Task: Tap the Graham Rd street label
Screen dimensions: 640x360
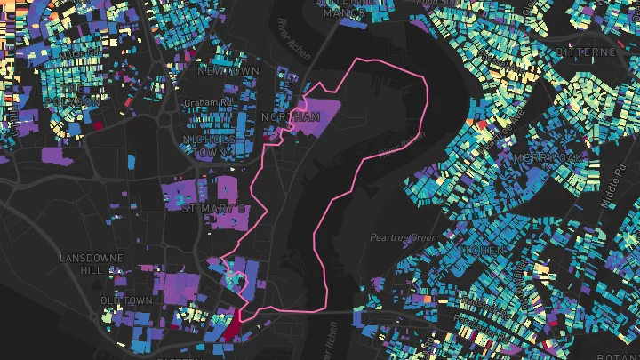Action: [x=207, y=102]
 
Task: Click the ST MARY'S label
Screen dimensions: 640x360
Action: [x=213, y=209]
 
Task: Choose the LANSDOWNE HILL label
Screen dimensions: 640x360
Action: [x=84, y=264]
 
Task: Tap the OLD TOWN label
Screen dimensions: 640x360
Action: [x=126, y=301]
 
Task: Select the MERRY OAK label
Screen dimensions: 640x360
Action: [x=556, y=156]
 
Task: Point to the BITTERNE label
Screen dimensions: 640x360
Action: [x=583, y=52]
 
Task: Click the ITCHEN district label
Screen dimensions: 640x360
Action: [x=480, y=252]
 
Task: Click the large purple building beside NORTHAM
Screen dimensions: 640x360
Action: [x=317, y=116]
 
